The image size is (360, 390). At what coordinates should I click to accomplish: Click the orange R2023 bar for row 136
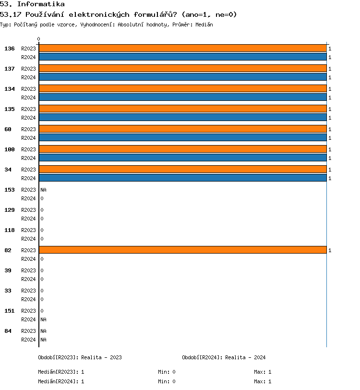click(x=182, y=49)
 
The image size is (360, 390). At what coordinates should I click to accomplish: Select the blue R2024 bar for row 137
click(x=182, y=77)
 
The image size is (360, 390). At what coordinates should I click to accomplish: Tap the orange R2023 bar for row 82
click(x=182, y=250)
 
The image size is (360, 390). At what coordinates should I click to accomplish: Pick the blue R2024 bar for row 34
click(x=182, y=178)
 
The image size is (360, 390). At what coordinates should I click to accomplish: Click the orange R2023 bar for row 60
click(x=182, y=129)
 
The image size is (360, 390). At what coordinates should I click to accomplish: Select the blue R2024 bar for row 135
click(x=182, y=118)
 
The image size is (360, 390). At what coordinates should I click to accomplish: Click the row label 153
click(x=10, y=190)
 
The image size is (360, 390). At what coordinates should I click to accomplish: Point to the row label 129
click(x=10, y=210)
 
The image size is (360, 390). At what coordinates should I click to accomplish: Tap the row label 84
click(x=8, y=331)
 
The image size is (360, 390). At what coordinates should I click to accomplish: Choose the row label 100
click(x=10, y=149)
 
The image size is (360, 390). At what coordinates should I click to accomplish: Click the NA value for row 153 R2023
click(x=43, y=190)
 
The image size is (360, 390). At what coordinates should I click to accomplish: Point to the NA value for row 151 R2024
click(x=43, y=319)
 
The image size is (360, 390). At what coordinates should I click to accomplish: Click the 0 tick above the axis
click(x=39, y=39)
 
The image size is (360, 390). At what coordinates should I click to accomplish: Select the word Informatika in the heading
click(x=41, y=4)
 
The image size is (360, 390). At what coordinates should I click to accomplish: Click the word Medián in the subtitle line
click(x=204, y=24)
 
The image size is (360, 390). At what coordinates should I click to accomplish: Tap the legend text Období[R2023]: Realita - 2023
click(x=80, y=357)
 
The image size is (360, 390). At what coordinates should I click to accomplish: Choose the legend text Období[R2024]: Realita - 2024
click(x=224, y=357)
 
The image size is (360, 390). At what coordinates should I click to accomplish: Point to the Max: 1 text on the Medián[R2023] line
click(x=263, y=372)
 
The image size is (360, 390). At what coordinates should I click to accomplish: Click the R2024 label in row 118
click(x=28, y=239)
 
